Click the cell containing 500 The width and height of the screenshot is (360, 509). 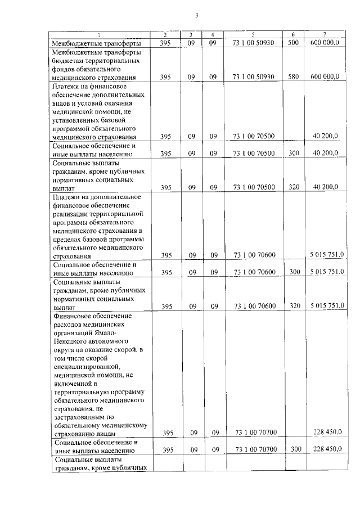pyautogui.click(x=293, y=43)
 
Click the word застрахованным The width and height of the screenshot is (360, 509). pyautogui.click(x=80, y=417)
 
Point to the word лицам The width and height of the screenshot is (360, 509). pyautogui.click(x=106, y=434)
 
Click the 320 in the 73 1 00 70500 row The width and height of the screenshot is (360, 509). pyautogui.click(x=293, y=187)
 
